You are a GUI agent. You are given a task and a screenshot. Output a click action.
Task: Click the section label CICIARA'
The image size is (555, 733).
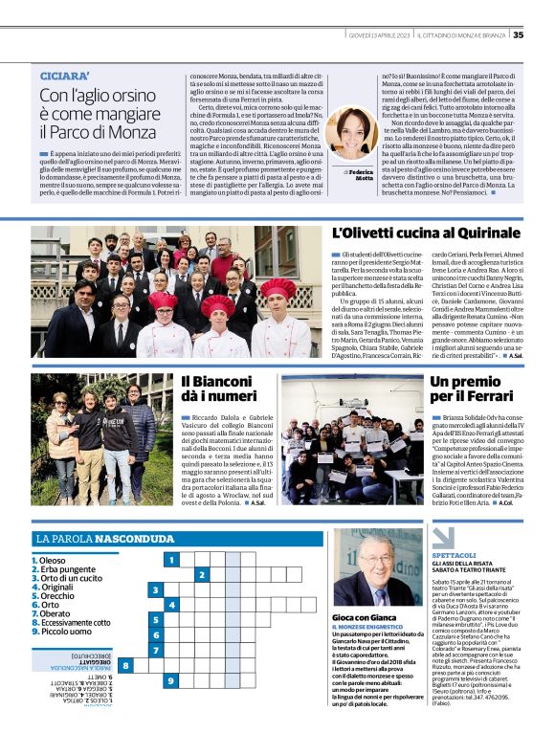tap(65, 75)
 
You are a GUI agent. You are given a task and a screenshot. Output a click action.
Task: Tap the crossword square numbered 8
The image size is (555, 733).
tap(124, 664)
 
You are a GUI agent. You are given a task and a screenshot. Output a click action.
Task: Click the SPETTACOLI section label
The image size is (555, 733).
tap(454, 555)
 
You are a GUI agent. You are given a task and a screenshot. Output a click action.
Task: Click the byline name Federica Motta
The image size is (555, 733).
tap(362, 174)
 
